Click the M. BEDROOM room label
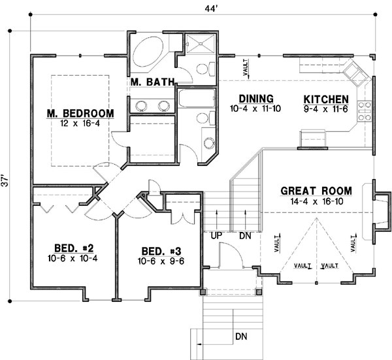tap(80, 113)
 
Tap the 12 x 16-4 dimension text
tap(80, 123)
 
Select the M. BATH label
tap(151, 82)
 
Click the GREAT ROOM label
tap(316, 191)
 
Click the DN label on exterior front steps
tap(241, 337)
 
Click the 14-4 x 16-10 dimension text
tap(316, 202)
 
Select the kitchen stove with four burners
tap(364, 111)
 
